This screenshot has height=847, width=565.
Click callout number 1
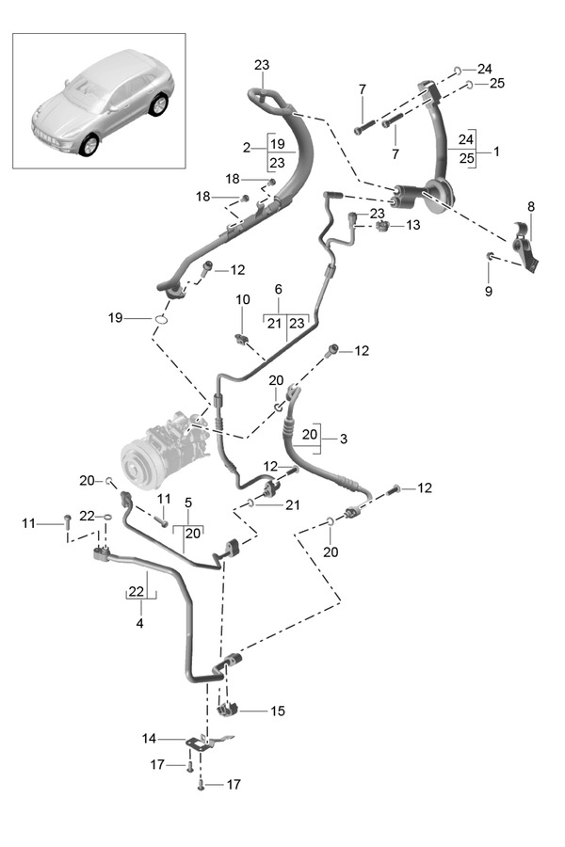click(x=496, y=152)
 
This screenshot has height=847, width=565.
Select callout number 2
click(x=246, y=148)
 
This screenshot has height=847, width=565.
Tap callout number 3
click(x=344, y=439)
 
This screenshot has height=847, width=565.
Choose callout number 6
click(x=279, y=289)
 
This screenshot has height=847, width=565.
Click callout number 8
click(x=530, y=205)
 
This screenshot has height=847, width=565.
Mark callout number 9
click(x=489, y=292)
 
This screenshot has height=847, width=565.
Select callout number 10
click(x=242, y=300)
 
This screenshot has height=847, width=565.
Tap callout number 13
click(x=412, y=226)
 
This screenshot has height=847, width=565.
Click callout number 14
click(x=150, y=739)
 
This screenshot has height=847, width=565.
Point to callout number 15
click(x=277, y=711)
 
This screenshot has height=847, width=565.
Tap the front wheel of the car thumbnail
click(x=89, y=146)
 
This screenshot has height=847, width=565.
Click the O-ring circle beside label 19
click(x=161, y=319)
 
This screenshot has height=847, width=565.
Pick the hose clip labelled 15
click(x=227, y=707)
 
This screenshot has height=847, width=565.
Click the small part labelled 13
click(x=383, y=227)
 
